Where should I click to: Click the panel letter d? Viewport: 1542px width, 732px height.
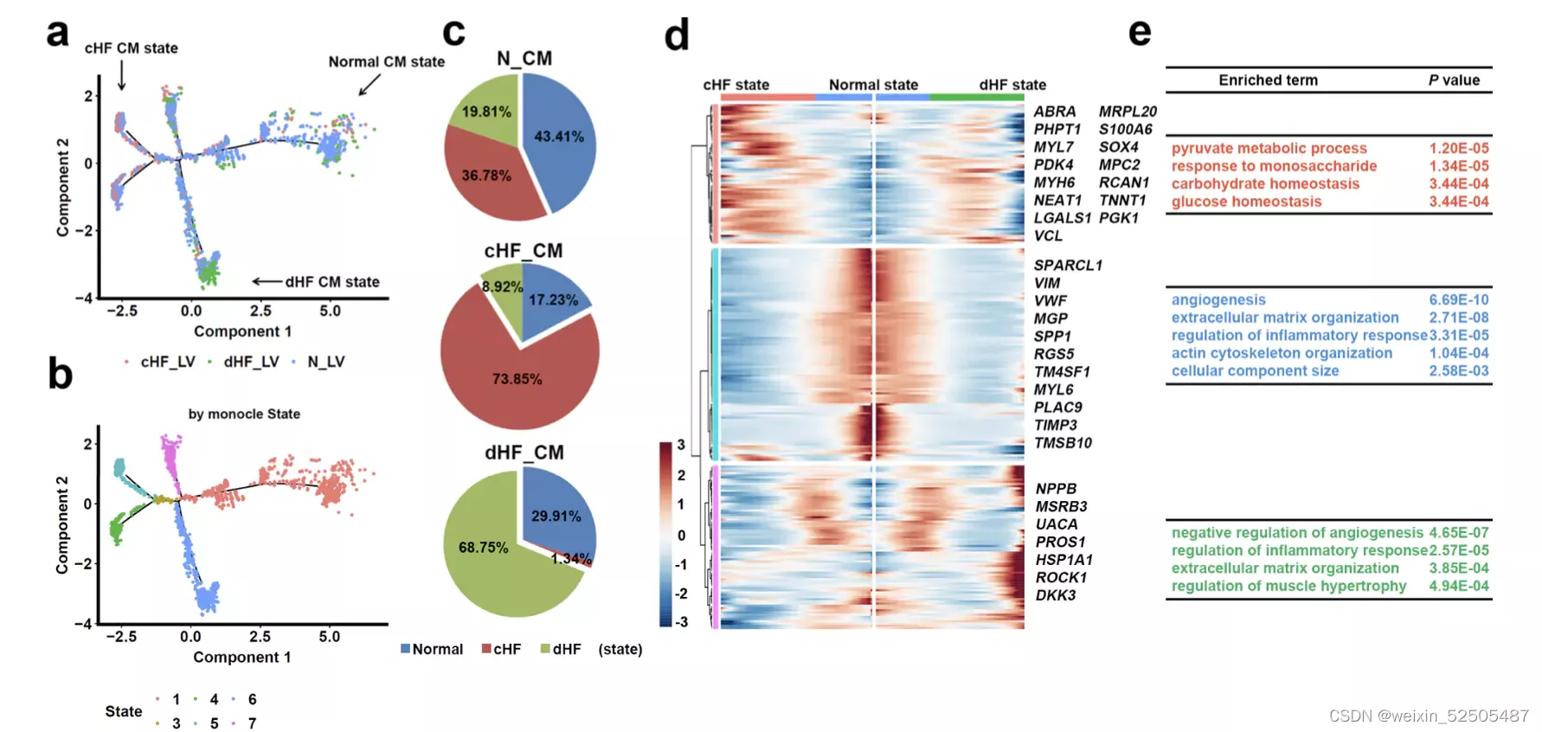(676, 36)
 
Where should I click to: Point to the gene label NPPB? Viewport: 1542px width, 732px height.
(1056, 489)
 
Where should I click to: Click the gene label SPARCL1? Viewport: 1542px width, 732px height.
(1068, 266)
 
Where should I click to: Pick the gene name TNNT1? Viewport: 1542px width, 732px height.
(1122, 201)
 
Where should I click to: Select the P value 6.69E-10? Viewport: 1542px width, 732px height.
(1458, 300)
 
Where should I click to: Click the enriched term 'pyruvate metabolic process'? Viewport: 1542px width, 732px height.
(1269, 149)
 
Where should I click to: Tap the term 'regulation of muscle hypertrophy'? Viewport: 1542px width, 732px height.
(1288, 586)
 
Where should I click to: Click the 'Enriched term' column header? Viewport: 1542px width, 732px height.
(1268, 80)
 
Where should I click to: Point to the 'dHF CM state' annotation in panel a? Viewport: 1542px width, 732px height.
(332, 282)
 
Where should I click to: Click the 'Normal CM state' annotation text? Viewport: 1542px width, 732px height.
(386, 62)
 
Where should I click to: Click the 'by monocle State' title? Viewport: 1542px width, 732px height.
(244, 414)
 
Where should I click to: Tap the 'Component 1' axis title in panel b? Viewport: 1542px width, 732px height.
(241, 658)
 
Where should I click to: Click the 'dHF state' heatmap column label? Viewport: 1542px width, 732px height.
(1012, 85)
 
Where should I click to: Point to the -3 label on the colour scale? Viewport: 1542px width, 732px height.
(682, 621)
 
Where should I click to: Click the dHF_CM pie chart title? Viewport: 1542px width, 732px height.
(524, 453)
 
